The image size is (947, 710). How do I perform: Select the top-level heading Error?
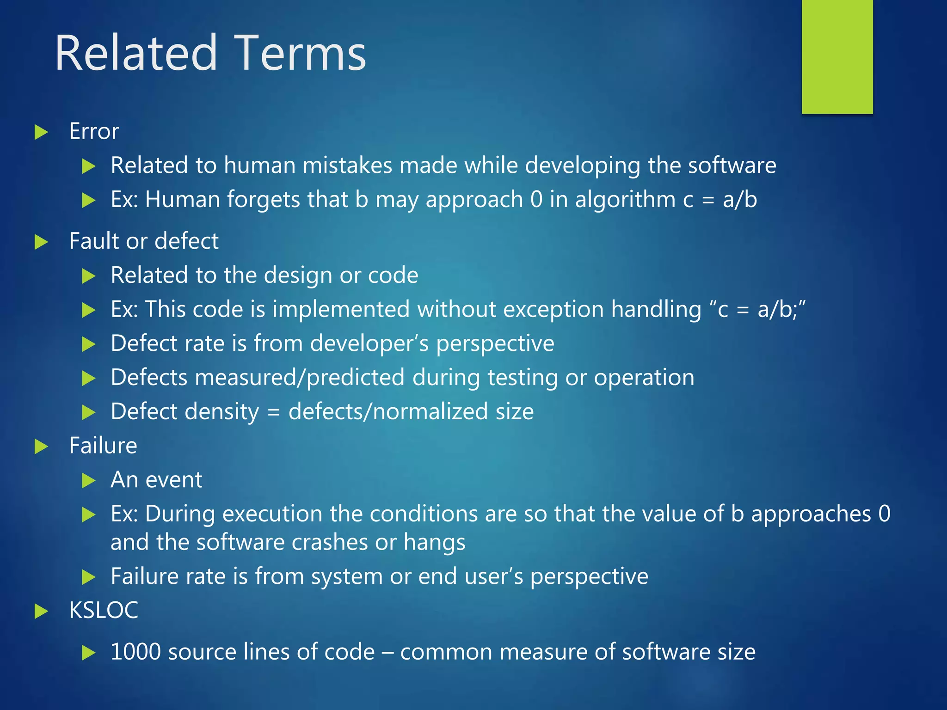tap(94, 131)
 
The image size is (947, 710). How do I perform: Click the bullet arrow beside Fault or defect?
tap(42, 242)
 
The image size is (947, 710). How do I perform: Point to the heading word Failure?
tap(103, 446)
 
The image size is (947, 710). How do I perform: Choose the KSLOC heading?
tap(104, 610)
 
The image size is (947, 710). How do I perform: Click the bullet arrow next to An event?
tap(88, 481)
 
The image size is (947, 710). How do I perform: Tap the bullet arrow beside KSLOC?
tap(42, 612)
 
